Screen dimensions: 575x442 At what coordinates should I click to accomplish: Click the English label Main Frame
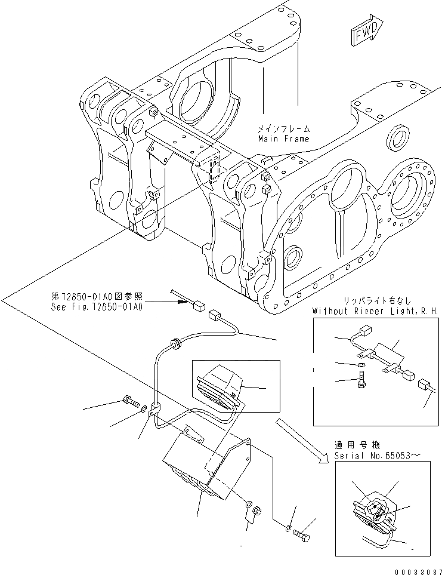click(284, 139)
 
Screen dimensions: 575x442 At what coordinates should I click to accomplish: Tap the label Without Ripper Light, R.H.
click(375, 311)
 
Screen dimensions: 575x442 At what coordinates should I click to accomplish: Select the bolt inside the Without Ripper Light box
click(361, 380)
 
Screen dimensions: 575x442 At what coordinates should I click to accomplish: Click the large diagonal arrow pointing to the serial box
click(301, 441)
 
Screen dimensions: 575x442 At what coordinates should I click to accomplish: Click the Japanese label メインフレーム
click(284, 128)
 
